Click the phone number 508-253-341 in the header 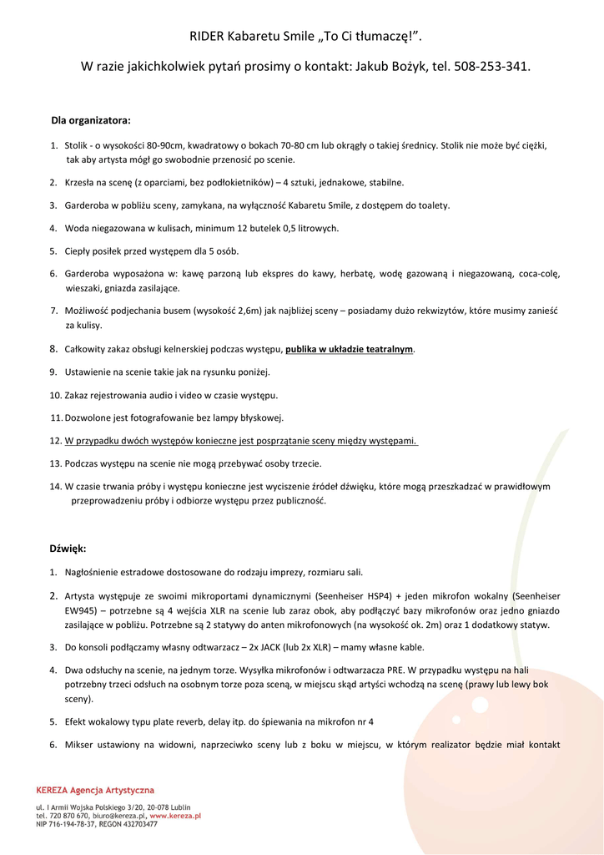(x=491, y=65)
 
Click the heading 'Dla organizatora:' (x=91, y=120)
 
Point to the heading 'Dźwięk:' (x=68, y=549)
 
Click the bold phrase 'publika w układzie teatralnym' (x=349, y=349)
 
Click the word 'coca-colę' (x=539, y=274)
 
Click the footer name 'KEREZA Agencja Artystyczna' (x=95, y=790)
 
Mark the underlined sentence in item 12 (x=241, y=441)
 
